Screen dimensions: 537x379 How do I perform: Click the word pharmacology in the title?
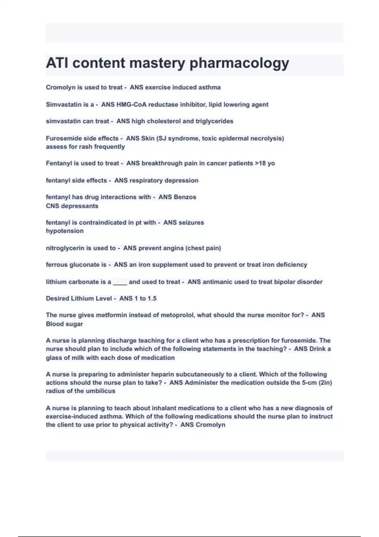click(239, 63)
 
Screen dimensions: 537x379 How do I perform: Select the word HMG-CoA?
click(131, 105)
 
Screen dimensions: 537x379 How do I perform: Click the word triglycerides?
click(214, 121)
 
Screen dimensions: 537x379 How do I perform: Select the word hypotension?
click(65, 231)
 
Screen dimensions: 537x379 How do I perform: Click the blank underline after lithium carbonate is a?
click(120, 282)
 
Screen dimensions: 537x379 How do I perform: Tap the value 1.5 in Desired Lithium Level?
click(152, 299)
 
